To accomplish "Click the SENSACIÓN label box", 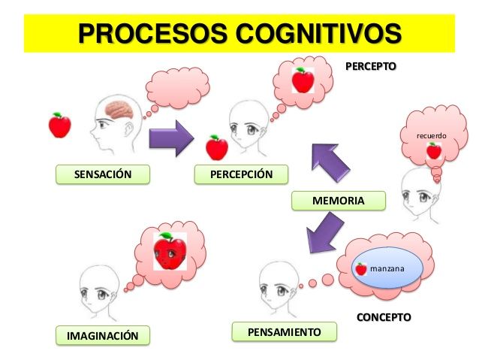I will (102, 175).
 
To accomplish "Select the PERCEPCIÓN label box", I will (242, 175).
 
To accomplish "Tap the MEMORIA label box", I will (338, 201).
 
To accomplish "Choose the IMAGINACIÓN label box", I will (103, 335).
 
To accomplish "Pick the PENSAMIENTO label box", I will (285, 331).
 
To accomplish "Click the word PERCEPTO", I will (370, 66).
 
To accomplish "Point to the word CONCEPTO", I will (384, 317).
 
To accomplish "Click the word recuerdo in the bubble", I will (432, 136).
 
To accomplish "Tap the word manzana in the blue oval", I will (387, 268).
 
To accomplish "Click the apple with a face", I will (170, 252).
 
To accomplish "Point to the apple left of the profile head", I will (59, 125).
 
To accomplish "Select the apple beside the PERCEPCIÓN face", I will (217, 147).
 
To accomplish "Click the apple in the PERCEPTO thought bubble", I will (303, 79).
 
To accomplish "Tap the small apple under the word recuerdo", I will (433, 150).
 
